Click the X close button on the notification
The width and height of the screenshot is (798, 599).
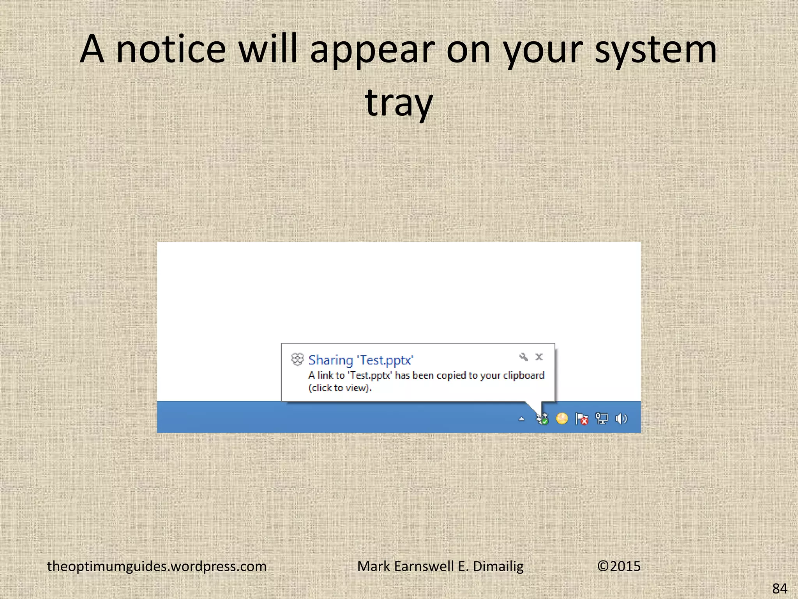click(539, 357)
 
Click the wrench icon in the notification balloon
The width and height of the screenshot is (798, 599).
click(523, 357)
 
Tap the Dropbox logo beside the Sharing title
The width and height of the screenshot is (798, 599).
click(297, 359)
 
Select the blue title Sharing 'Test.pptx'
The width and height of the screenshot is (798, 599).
click(361, 360)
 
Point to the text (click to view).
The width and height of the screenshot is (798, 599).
click(340, 388)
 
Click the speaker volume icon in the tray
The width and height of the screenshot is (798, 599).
click(621, 419)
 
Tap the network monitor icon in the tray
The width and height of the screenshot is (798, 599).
click(602, 419)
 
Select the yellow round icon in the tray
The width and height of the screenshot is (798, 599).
click(562, 419)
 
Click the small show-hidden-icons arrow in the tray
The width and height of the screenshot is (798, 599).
click(522, 420)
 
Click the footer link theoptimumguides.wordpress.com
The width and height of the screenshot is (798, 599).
click(157, 566)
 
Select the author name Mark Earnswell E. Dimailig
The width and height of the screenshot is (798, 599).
click(440, 566)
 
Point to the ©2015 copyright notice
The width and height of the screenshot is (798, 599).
click(619, 566)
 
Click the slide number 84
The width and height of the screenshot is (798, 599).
click(780, 588)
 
